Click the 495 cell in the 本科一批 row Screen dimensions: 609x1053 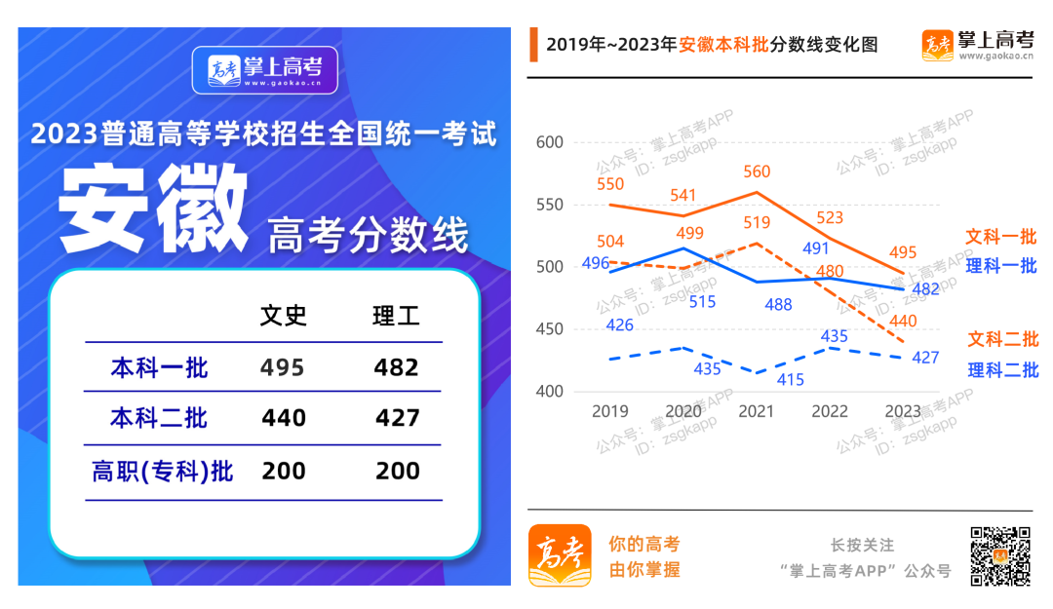point(283,367)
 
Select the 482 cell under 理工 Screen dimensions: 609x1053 point(397,367)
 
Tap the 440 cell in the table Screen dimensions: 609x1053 point(284,418)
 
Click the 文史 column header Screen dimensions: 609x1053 point(284,316)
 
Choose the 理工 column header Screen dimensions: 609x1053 point(397,316)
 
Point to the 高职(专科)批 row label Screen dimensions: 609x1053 point(163,472)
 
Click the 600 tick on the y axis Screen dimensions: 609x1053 point(551,142)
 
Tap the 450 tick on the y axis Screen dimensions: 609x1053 point(551,329)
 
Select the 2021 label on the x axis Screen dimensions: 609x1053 point(757,412)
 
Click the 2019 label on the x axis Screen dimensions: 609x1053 point(610,412)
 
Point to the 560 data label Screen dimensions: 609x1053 point(757,172)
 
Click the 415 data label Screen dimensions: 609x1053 point(791,380)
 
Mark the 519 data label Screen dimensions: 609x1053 point(757,223)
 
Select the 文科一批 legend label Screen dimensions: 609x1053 point(1001,237)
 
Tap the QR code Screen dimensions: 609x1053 point(999,555)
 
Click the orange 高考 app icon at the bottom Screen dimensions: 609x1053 point(560,555)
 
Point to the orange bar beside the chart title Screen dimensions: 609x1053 point(533,45)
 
